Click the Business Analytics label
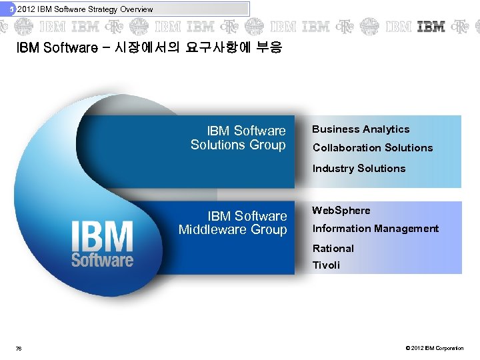pos(361,129)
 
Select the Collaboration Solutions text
pos(373,148)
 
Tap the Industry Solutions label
pos(359,169)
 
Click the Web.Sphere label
pos(341,211)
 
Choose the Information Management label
pos(375,229)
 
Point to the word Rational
pos(333,249)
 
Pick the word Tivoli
pos(326,265)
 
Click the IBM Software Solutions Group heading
pos(238,138)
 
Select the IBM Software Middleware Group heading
pos(233,223)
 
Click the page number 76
pos(19,348)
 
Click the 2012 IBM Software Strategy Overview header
pos(85,9)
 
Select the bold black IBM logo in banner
pos(431,27)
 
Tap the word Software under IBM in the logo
pos(102,259)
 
